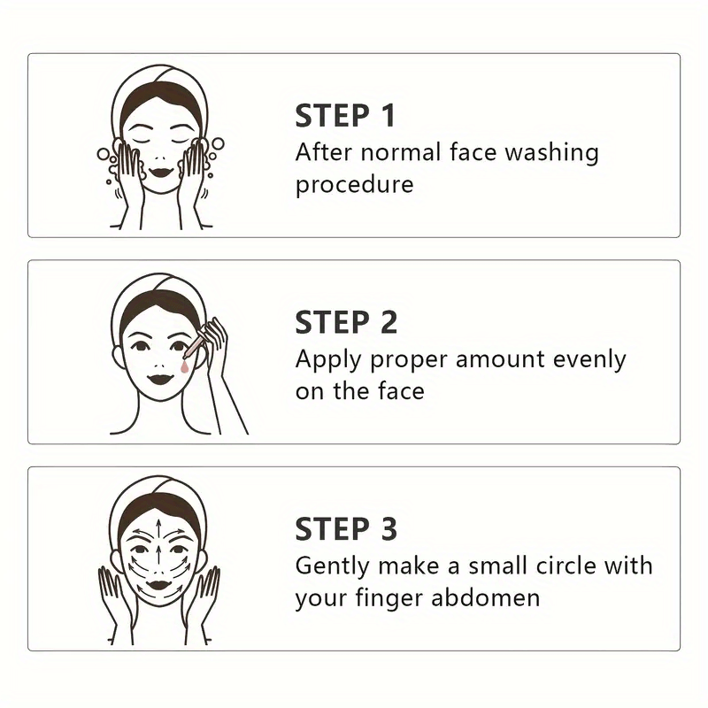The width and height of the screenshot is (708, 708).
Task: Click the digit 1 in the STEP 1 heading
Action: (388, 116)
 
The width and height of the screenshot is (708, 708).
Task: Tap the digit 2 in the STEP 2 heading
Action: (389, 322)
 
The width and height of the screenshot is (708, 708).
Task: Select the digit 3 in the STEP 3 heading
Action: (389, 528)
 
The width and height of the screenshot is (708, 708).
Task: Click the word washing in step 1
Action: (551, 153)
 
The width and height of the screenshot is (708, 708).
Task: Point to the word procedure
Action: (355, 185)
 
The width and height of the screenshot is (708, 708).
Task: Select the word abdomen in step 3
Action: (485, 598)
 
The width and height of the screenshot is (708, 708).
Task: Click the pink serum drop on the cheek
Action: (184, 368)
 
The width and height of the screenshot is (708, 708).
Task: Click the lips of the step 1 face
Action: (161, 172)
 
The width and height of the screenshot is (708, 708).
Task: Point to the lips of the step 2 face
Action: (161, 378)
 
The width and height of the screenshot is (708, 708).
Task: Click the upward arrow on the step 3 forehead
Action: (158, 529)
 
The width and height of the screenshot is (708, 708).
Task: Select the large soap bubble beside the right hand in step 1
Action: (218, 144)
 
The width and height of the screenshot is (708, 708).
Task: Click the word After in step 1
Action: (324, 151)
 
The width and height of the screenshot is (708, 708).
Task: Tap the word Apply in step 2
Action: (328, 361)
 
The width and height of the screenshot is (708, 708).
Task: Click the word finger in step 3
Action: (390, 599)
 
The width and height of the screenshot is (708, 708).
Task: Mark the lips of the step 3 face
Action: (158, 586)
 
